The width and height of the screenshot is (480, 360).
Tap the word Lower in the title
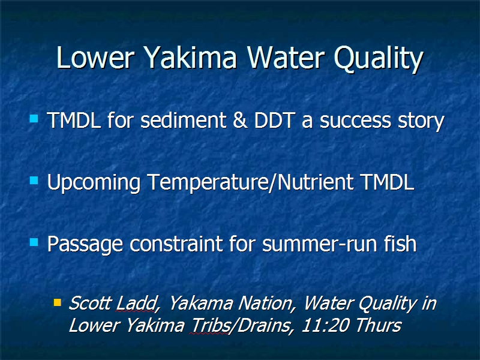point(95,57)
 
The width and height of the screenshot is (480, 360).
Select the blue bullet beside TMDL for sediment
point(34,118)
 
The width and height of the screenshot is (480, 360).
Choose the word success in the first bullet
point(355,121)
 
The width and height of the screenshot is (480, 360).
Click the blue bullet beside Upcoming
point(34,181)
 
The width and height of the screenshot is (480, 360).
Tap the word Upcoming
point(94,183)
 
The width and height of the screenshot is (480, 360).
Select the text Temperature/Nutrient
point(250,183)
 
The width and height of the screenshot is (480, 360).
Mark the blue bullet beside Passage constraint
point(34,242)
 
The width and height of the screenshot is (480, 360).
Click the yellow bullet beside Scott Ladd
point(57,302)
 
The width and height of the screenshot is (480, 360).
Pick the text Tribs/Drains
point(241,325)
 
